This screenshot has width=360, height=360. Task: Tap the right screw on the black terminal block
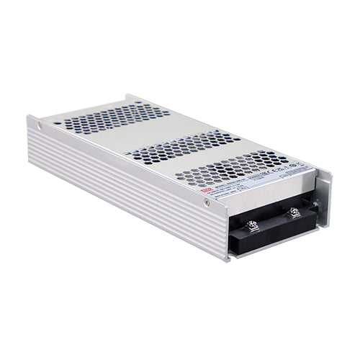(x=294, y=212)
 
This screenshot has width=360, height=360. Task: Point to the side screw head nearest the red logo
(x=207, y=203)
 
